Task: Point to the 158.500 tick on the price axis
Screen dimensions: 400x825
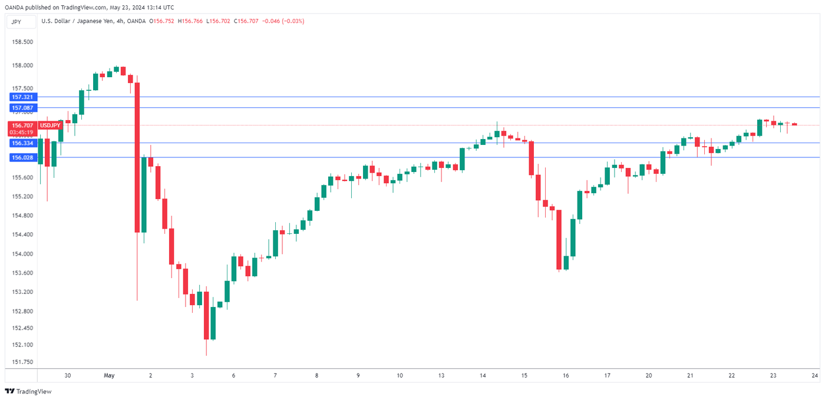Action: coord(22,42)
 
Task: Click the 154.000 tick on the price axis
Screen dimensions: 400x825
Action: coord(22,254)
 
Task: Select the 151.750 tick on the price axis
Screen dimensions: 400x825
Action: coord(22,362)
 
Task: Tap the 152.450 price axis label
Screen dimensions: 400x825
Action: coord(22,328)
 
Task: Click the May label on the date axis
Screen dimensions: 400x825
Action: coord(108,375)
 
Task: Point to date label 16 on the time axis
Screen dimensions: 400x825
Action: coord(566,375)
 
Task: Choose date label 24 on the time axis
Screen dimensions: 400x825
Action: coord(815,375)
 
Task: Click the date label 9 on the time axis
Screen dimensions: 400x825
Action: coord(358,375)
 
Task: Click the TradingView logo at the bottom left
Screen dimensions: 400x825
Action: coord(28,391)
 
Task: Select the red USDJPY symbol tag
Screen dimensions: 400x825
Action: coord(50,125)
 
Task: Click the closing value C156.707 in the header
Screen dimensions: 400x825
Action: coord(247,22)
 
